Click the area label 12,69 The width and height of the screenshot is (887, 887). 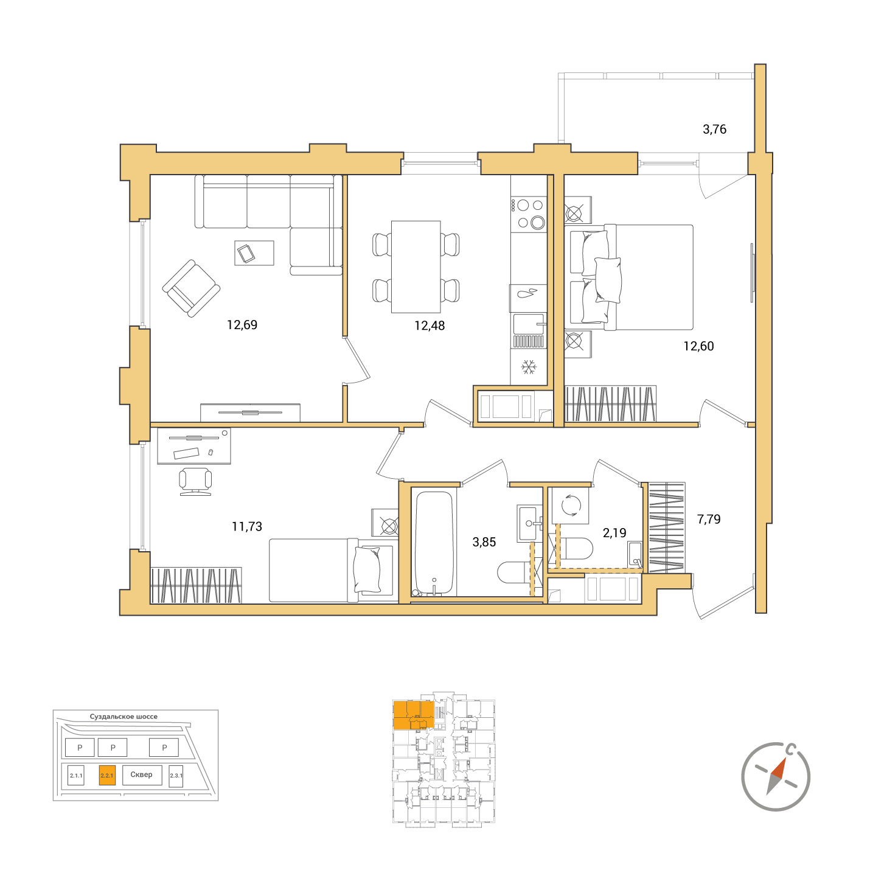[242, 325]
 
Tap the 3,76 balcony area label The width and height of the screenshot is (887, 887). [714, 130]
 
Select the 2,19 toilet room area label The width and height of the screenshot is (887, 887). [614, 533]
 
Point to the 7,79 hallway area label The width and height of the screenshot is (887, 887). [708, 519]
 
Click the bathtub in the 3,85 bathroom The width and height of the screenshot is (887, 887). [434, 544]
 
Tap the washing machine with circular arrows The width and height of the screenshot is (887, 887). [571, 505]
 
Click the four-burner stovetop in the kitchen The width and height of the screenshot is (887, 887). [529, 214]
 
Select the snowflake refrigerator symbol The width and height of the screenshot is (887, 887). [529, 367]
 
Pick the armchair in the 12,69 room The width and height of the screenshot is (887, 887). [191, 288]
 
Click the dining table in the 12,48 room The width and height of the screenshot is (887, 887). [416, 267]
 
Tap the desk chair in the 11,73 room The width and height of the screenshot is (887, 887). [195, 481]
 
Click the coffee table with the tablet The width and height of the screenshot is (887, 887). [254, 252]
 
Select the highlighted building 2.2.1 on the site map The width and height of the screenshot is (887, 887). [107, 775]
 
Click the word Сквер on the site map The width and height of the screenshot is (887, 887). [141, 774]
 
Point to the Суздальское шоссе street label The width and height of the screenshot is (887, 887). [123, 717]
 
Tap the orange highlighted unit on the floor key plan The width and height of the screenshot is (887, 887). [414, 715]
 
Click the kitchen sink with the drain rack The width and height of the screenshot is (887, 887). [529, 330]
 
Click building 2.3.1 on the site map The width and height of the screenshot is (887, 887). [176, 776]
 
